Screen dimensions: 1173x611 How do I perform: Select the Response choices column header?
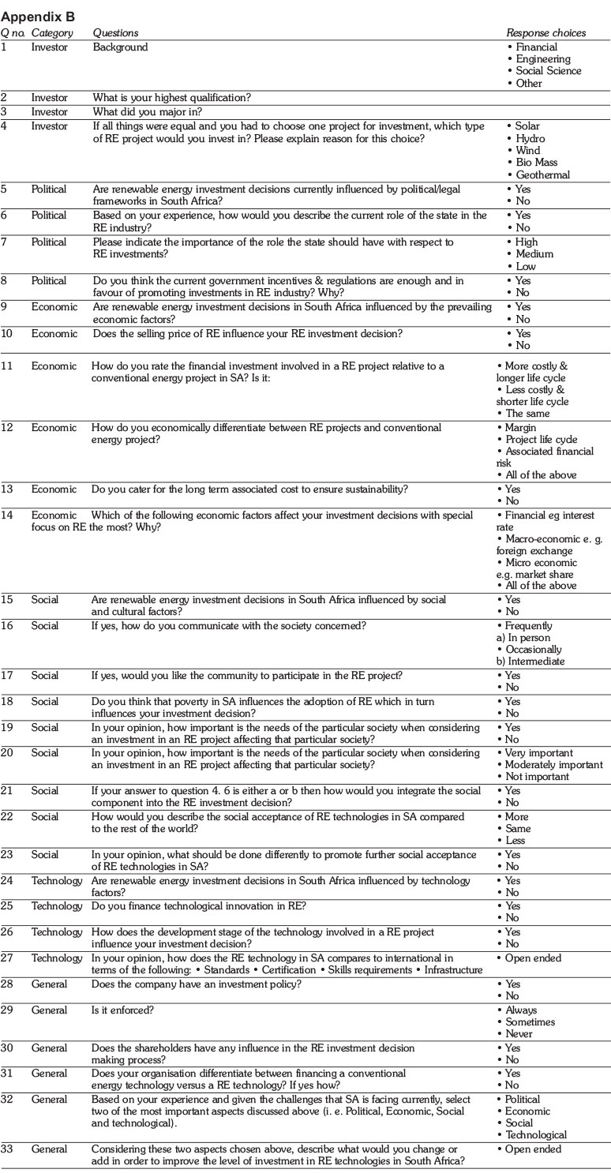[x=545, y=33]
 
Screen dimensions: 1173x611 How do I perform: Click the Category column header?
[x=52, y=33]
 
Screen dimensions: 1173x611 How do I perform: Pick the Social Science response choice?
[x=548, y=71]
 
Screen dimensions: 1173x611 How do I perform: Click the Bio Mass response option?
[x=536, y=163]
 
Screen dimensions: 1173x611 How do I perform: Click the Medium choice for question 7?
[x=533, y=254]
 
